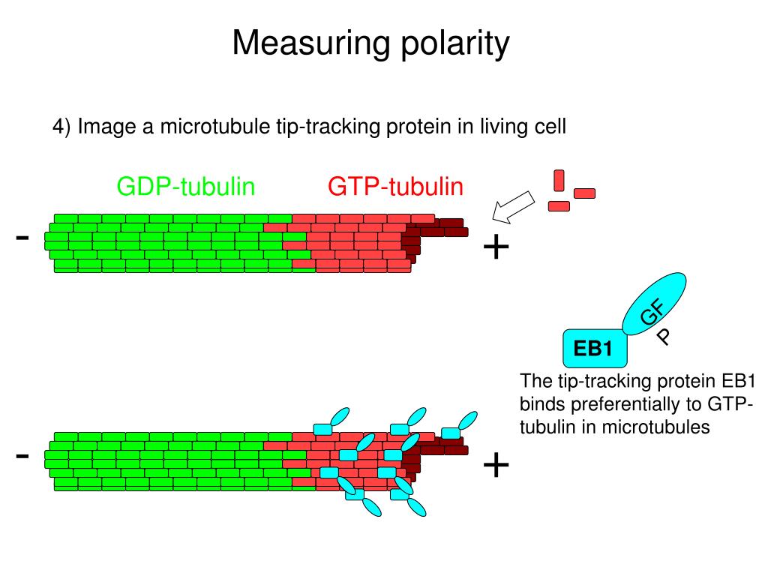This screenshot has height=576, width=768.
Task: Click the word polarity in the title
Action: coord(455,44)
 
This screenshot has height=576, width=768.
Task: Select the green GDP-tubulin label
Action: coord(186,187)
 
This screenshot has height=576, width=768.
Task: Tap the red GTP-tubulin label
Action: coord(396,187)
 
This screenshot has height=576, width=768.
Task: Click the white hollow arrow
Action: coord(513,207)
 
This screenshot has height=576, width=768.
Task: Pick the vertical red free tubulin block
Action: coord(559,180)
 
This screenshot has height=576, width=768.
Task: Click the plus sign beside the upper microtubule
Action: coord(496,247)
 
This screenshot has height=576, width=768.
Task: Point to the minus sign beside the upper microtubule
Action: coord(22,238)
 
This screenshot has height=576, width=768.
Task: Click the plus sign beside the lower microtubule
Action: coord(496,465)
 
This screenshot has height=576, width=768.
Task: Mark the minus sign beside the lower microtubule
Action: coord(22,457)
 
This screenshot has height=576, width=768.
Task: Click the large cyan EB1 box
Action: coord(595,348)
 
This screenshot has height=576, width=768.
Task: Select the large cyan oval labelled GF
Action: coord(654,304)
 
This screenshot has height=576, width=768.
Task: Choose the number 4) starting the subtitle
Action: coord(61,127)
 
